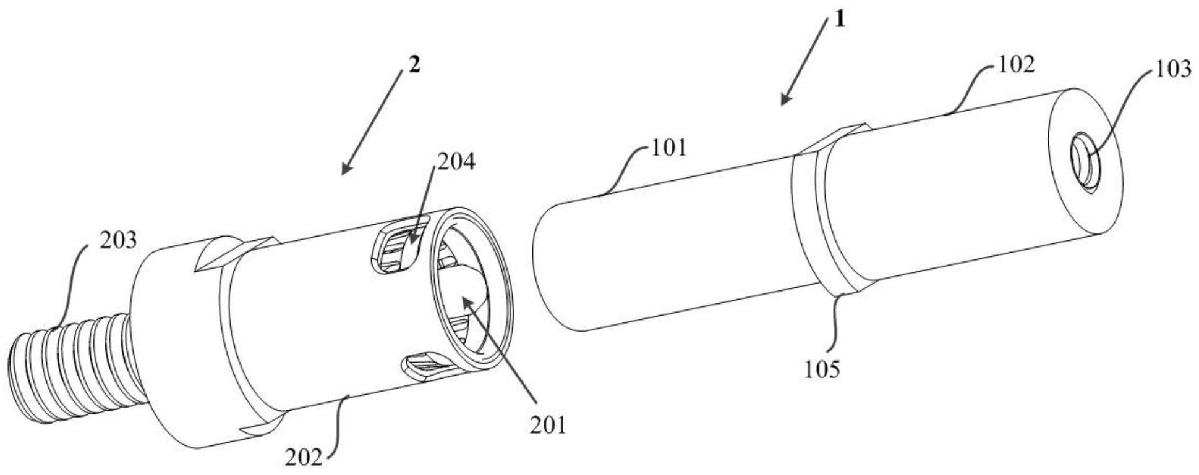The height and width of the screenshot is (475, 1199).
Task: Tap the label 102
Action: point(1015,64)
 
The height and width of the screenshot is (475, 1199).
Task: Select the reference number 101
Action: point(667,148)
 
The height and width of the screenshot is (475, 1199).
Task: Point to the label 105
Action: point(822,369)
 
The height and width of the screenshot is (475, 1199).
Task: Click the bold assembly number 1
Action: point(839,20)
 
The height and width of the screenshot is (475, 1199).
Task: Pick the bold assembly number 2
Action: point(414,64)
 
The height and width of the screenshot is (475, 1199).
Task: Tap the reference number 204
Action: point(456,161)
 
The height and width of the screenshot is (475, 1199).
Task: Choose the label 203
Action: point(118,240)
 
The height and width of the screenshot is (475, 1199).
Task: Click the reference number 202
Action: point(304,458)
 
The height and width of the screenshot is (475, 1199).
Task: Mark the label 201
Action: point(548,425)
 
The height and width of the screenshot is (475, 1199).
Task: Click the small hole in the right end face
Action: point(1088,164)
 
